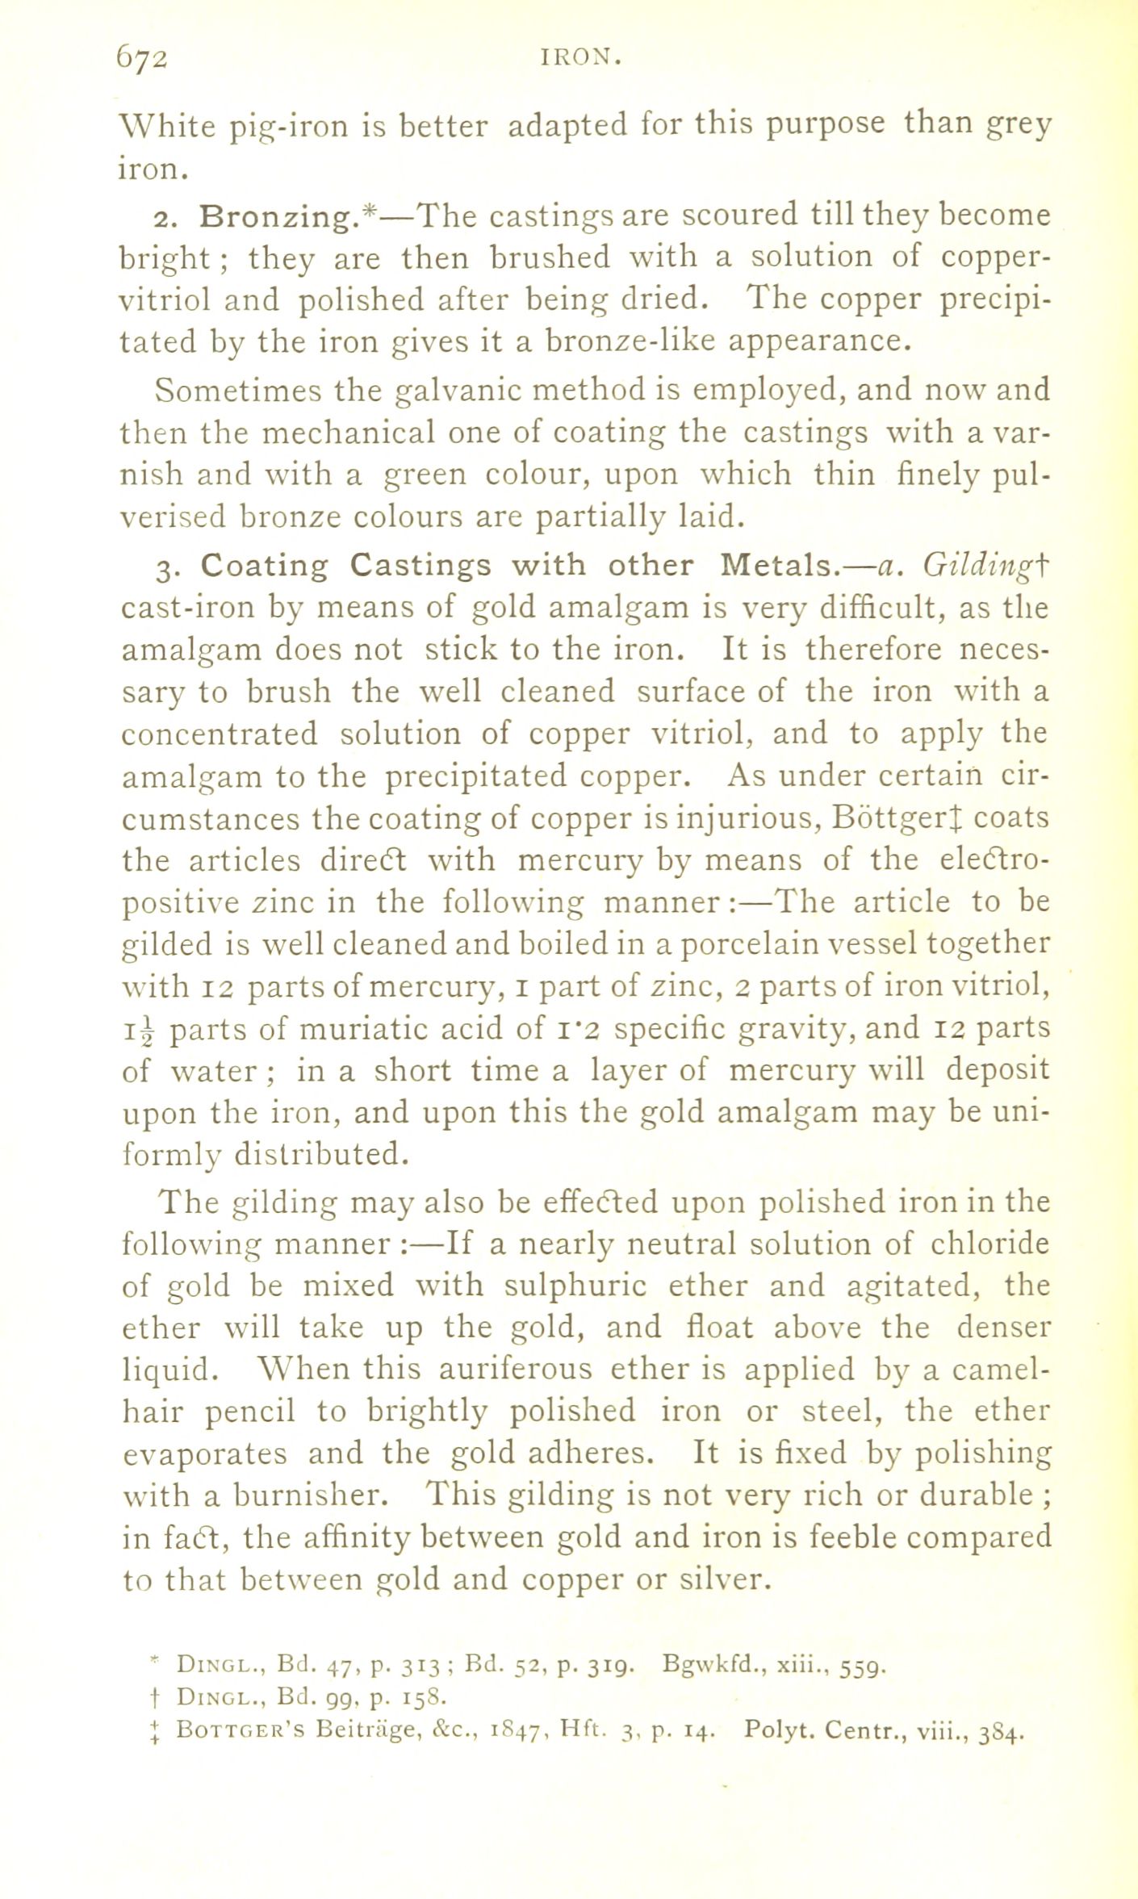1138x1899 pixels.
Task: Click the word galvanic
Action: click(456, 391)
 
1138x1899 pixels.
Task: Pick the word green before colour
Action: click(425, 475)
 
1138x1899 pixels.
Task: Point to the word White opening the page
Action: click(167, 128)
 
